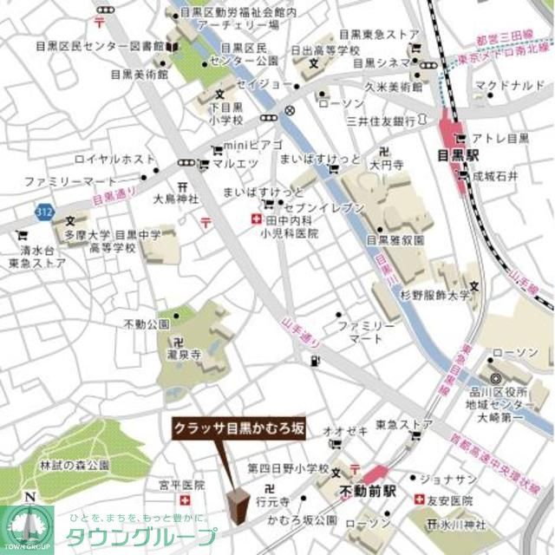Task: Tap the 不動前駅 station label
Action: coord(367,490)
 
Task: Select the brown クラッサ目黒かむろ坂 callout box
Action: coord(238,428)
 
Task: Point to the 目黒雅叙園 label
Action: coord(395,240)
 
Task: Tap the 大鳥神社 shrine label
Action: coord(176,199)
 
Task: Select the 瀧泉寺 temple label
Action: coord(186,355)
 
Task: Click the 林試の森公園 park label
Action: coord(75,466)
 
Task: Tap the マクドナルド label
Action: coord(505,85)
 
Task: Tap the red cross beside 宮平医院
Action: coord(184,501)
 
